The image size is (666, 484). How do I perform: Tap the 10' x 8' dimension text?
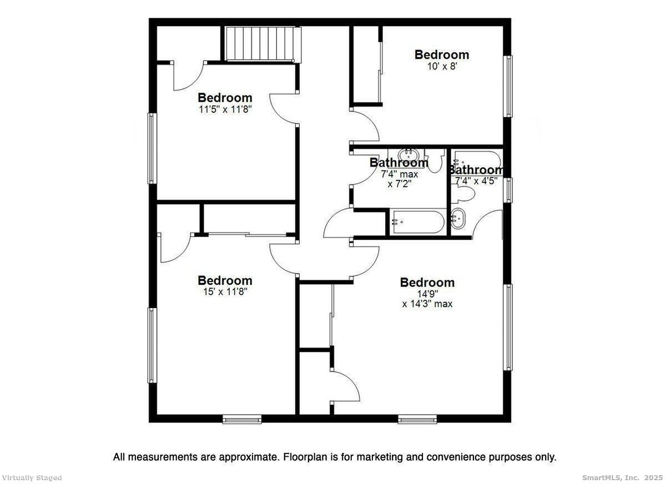(442, 66)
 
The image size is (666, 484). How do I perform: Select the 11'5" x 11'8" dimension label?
(225, 109)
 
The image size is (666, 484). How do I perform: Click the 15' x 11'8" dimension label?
(225, 292)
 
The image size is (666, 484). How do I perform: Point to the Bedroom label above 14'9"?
(427, 283)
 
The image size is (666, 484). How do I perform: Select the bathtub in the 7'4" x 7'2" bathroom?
(416, 222)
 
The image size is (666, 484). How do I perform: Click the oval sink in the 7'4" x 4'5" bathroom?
(458, 219)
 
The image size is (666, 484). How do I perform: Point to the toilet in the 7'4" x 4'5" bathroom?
(466, 194)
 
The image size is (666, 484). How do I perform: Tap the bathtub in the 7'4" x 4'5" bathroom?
(477, 158)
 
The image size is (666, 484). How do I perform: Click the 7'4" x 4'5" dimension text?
(476, 181)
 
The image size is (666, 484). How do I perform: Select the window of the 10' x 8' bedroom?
(507, 86)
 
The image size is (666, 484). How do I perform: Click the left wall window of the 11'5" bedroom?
(152, 148)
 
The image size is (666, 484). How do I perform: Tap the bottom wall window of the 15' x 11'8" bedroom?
(242, 419)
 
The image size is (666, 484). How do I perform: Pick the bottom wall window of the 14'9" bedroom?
(417, 419)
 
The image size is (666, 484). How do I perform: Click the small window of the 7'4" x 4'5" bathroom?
(507, 189)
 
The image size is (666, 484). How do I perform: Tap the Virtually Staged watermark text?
(32, 477)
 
